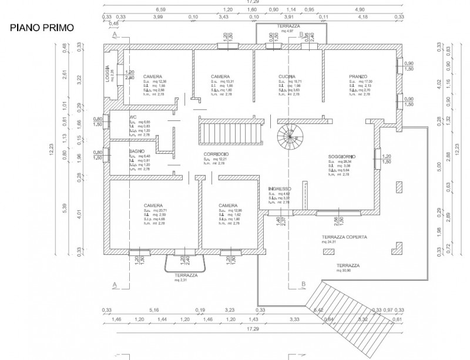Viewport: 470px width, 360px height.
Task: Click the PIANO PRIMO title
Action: [x=39, y=27]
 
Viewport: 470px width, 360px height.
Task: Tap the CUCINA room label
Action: [x=287, y=78]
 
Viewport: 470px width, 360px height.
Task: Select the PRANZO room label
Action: [x=357, y=78]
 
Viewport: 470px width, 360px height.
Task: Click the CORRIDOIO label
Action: [x=216, y=153]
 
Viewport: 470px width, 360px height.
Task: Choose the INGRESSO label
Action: [x=279, y=189]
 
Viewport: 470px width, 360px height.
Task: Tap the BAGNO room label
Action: [x=136, y=151]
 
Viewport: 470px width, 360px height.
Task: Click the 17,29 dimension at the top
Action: [x=254, y=2]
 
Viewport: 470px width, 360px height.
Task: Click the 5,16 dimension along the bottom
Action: [x=155, y=310]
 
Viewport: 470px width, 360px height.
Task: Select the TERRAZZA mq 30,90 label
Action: [x=348, y=267]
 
